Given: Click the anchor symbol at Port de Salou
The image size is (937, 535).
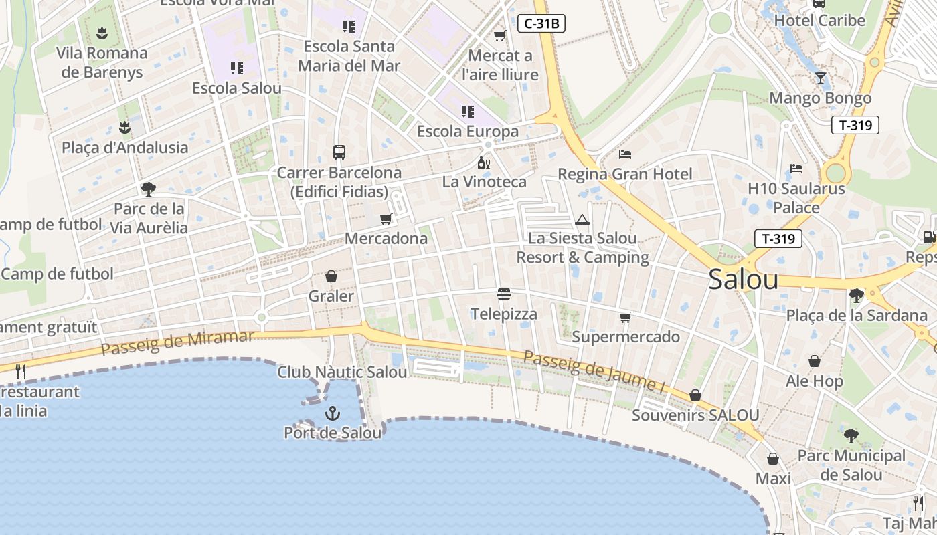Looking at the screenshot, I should point(333,414).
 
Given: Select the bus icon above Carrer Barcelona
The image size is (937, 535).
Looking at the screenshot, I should point(339,152).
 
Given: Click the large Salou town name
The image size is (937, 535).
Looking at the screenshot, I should point(743,280).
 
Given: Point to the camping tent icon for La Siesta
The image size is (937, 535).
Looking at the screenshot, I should point(582,219).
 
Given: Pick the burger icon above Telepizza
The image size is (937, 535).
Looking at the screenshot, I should point(504,294).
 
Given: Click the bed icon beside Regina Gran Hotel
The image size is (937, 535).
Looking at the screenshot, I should point(625,154).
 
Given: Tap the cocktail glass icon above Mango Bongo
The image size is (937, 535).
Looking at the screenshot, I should point(821,78).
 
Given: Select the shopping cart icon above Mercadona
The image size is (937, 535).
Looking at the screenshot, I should point(386,219).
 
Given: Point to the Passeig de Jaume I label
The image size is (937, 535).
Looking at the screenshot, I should point(594,372).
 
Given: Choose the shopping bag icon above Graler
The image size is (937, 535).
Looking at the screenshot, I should point(331,276).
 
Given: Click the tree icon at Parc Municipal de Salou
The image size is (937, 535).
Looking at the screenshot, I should point(851,436).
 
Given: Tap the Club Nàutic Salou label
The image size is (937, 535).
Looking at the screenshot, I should point(342,372).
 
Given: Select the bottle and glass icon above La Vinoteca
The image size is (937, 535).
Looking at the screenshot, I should point(483,163).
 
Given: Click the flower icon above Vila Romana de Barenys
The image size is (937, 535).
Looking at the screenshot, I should point(102,33).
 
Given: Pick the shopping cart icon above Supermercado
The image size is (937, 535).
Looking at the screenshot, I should point(625,317).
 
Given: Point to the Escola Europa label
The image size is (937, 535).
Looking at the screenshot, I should point(468,131).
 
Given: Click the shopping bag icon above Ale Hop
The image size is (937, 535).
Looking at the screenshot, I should point(815,362).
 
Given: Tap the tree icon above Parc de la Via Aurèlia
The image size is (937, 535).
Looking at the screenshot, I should point(148,189).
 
